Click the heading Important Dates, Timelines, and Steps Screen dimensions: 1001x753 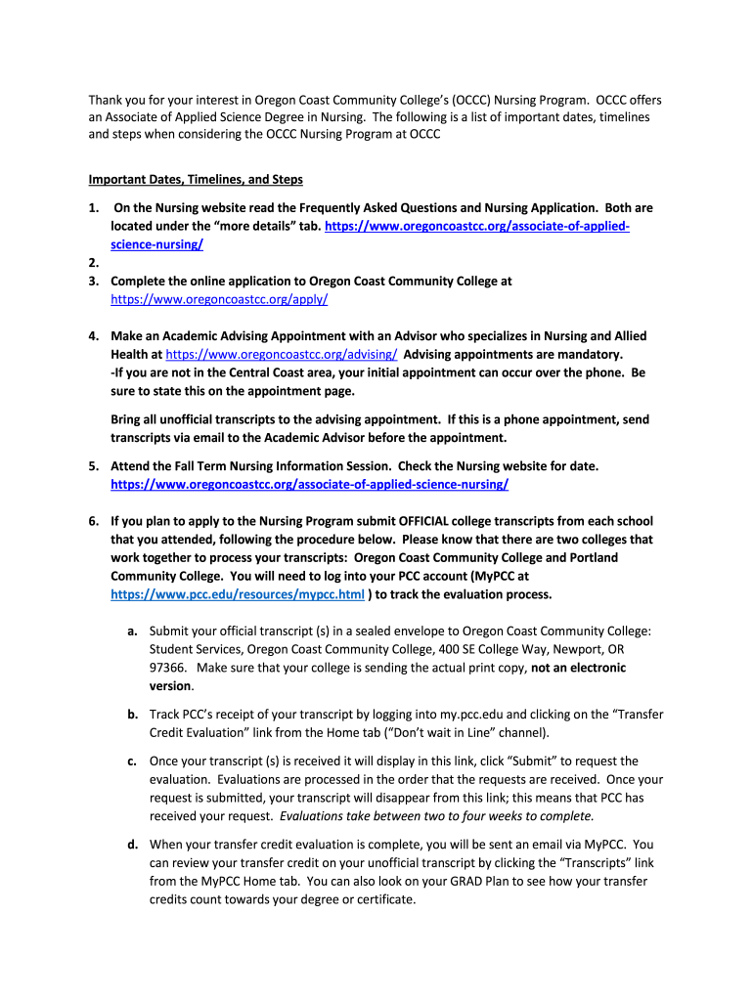196,179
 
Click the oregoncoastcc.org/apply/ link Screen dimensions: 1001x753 219,299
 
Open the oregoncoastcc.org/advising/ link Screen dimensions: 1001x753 281,354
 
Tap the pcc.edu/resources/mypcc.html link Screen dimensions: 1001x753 238,593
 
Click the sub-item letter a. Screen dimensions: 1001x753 131,631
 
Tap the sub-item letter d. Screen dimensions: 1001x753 131,845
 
